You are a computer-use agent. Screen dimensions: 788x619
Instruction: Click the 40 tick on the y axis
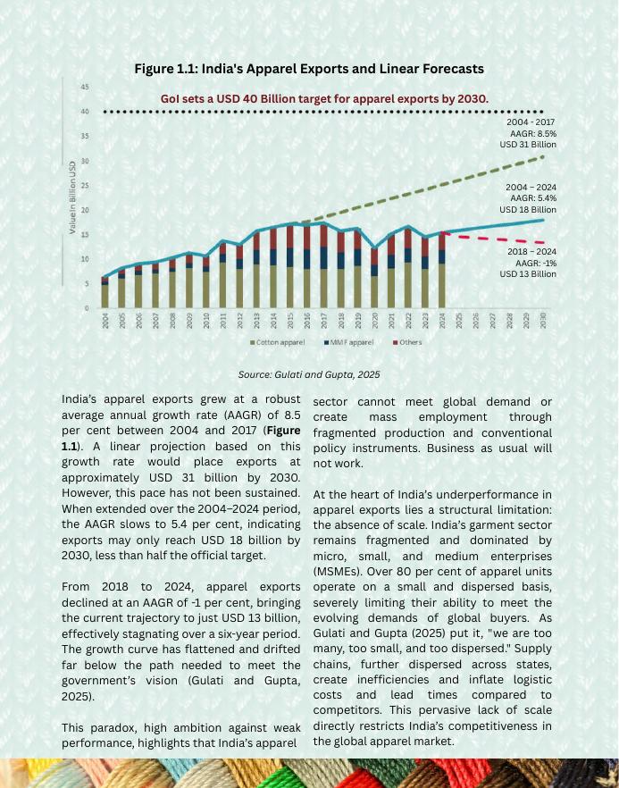point(84,112)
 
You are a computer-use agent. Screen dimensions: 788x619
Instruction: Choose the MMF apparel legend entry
point(350,342)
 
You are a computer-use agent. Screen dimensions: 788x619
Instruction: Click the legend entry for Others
point(407,342)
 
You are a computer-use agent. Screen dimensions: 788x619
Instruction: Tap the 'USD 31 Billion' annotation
point(528,145)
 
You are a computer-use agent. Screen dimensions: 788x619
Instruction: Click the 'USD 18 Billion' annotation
point(528,210)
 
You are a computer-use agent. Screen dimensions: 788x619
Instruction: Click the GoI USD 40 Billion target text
point(324,98)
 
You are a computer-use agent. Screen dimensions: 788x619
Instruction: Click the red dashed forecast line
point(500,239)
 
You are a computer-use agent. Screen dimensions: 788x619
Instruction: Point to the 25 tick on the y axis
point(84,186)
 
